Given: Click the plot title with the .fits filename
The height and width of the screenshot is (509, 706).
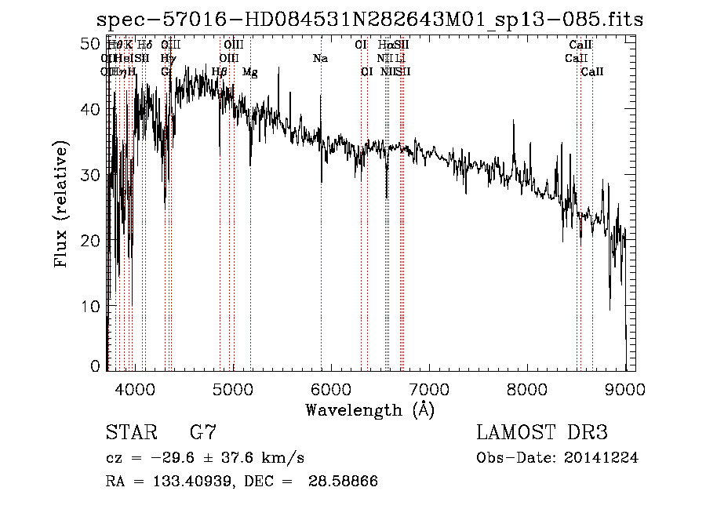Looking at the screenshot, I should click(x=369, y=20).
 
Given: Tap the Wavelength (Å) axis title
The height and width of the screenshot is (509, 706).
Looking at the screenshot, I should click(x=369, y=409).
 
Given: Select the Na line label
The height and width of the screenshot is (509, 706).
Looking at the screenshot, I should click(x=320, y=59).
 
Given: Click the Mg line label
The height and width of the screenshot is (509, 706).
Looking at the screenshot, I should click(x=250, y=72).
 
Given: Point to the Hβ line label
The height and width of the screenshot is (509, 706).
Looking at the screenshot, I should click(x=220, y=72).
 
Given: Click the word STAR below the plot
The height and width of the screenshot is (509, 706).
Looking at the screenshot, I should click(x=130, y=433).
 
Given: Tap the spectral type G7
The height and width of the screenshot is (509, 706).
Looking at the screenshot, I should click(x=203, y=433).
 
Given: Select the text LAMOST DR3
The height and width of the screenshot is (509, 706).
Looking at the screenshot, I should click(x=541, y=433).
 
